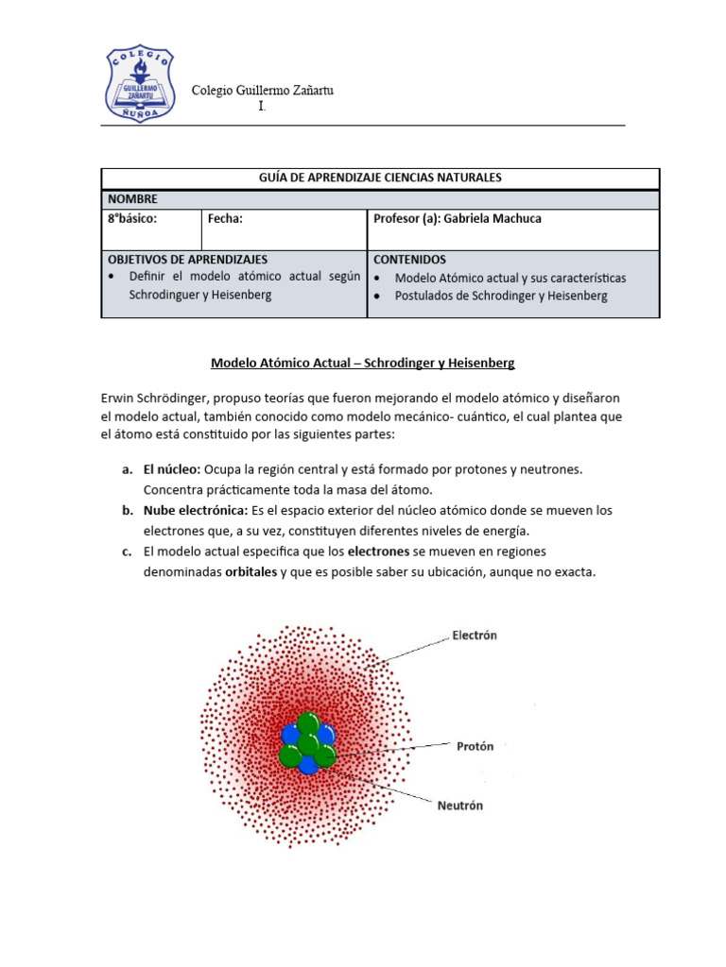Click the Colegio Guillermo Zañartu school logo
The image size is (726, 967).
[139, 83]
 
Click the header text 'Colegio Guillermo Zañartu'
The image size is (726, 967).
[262, 91]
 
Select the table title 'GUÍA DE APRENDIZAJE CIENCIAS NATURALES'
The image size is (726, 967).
[380, 178]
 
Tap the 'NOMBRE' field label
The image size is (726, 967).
[133, 199]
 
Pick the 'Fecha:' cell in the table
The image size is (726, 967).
[226, 219]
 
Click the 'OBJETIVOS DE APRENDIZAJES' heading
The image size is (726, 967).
[188, 259]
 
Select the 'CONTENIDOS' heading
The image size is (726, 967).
[410, 259]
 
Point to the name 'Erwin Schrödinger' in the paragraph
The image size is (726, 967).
[156, 399]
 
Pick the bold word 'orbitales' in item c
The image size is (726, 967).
[251, 572]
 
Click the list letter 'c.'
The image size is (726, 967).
[127, 551]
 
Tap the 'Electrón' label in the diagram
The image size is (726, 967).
[475, 636]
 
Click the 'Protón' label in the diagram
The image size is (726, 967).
[475, 746]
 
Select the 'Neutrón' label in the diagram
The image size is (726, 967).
[459, 806]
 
